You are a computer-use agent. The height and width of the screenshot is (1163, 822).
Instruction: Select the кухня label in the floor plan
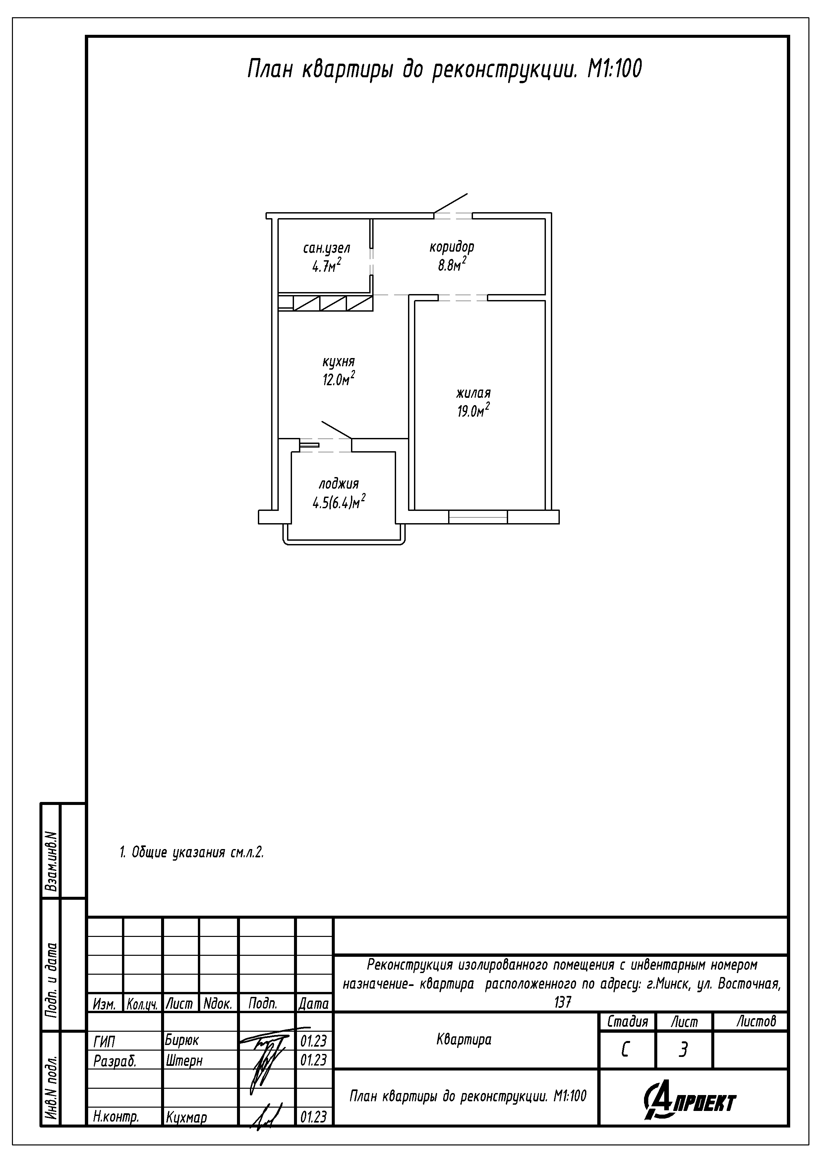click(x=338, y=362)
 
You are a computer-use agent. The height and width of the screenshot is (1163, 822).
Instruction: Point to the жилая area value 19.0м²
click(x=473, y=410)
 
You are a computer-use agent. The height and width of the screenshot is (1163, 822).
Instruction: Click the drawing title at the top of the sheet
click(x=444, y=69)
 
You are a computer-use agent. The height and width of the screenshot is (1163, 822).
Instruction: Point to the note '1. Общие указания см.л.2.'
click(x=192, y=852)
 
